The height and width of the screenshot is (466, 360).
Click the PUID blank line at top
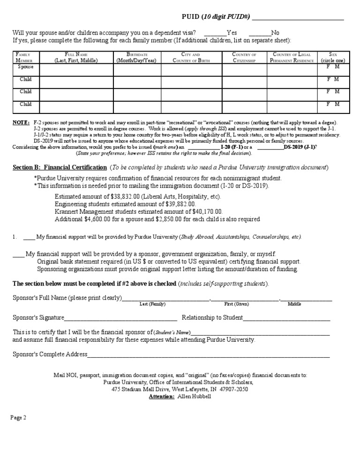[298, 18]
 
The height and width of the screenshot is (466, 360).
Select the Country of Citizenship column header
[244, 58]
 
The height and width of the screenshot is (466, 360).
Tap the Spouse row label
[26, 67]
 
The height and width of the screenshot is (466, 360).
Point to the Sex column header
[333, 58]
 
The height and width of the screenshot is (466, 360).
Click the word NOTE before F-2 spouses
[21, 122]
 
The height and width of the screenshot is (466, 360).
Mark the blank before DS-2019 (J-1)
[270, 147]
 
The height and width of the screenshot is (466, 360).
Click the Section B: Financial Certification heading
[60, 167]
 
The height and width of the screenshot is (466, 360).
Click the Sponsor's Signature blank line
[120, 318]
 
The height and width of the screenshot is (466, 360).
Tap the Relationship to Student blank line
[286, 318]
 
